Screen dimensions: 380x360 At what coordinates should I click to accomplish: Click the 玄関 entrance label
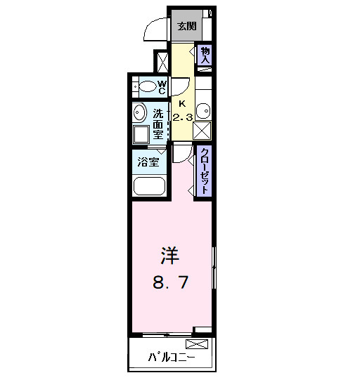[x=186, y=27]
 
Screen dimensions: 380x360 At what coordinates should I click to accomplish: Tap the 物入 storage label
[x=205, y=55]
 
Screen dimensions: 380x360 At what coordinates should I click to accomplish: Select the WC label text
[x=161, y=87]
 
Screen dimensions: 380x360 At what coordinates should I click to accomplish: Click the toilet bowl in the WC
[x=147, y=87]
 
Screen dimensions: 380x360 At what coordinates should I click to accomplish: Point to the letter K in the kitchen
[x=182, y=102]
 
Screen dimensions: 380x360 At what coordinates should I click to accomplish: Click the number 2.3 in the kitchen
[x=182, y=117]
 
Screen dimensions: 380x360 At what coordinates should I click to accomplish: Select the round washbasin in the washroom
[x=139, y=113]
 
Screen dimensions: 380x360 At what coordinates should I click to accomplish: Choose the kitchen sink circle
[x=202, y=111]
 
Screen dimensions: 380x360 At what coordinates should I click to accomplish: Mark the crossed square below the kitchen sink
[x=203, y=131]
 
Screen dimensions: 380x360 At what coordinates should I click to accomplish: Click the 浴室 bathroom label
[x=148, y=161]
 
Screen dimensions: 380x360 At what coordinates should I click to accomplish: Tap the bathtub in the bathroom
[x=148, y=187]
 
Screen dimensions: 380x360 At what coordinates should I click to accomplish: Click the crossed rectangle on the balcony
[x=197, y=344]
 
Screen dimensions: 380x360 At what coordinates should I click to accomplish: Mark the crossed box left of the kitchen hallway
[x=162, y=61]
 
